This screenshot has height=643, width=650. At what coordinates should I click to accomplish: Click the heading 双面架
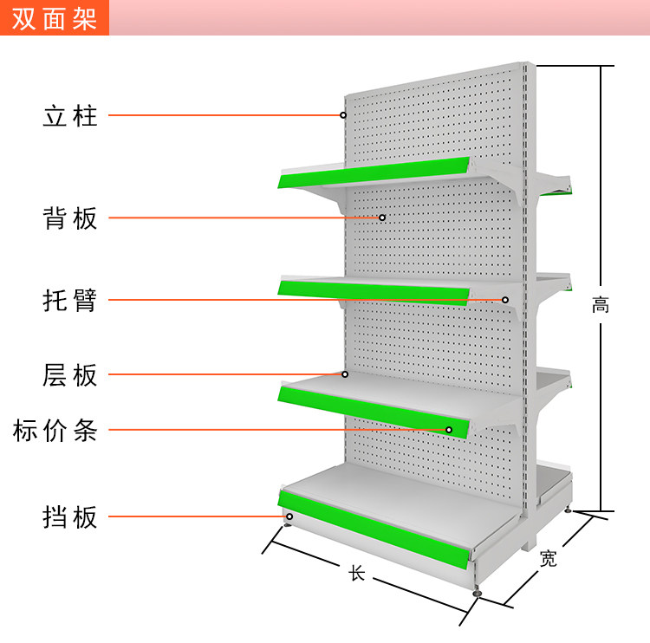pos(54,18)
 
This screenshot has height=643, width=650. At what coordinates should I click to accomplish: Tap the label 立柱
pos(70,115)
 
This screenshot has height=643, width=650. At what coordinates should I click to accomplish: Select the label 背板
pos(70,218)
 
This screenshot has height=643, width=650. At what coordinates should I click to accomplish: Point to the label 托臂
pos(70,301)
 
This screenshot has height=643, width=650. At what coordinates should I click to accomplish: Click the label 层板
pos(70,375)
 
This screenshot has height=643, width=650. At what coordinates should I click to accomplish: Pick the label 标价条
pos(55,430)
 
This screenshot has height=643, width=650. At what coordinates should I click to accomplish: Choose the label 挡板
pos(70,517)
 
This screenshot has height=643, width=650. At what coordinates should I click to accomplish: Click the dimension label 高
pos(601,305)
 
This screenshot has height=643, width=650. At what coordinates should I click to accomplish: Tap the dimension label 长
pos(357,574)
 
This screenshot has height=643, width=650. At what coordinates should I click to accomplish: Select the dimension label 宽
pos(548,559)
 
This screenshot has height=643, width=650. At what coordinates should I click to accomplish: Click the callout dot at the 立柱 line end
pos(343,114)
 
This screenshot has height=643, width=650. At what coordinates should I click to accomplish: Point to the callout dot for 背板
pos(381,218)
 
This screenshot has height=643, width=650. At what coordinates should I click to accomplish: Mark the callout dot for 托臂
pos(505,300)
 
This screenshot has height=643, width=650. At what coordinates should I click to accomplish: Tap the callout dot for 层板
pos(345,374)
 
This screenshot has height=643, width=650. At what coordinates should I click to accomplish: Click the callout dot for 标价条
pos(449,430)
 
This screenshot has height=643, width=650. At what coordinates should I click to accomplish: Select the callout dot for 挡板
pos(289,517)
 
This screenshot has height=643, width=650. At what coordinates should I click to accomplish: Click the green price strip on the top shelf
pos(374,172)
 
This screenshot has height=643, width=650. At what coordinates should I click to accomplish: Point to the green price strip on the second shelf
pos(374,291)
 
